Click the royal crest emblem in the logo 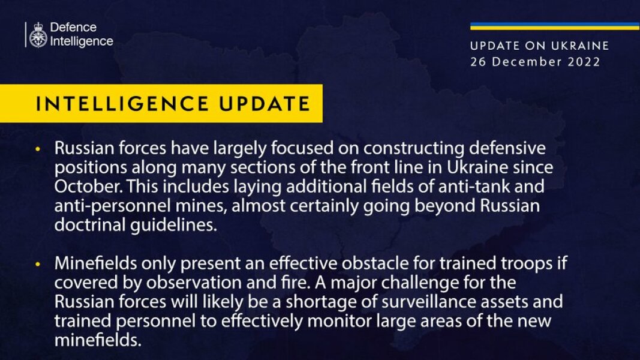pos(38,35)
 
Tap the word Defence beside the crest pos(73,28)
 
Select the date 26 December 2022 pos(535,62)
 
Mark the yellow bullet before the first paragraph pos(39,148)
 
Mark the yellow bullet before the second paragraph pos(39,265)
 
